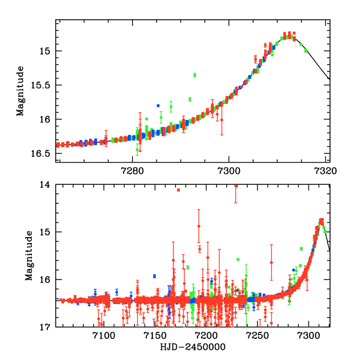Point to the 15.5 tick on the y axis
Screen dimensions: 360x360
[45, 85]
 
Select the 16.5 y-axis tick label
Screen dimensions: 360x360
[45, 154]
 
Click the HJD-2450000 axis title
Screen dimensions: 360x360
[189, 347]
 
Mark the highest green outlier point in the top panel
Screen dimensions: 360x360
[195, 75]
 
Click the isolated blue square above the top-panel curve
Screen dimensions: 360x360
[158, 106]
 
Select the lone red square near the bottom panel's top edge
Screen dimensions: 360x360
[178, 190]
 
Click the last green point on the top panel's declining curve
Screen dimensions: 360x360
[305, 50]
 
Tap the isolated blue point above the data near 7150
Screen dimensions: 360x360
[154, 276]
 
